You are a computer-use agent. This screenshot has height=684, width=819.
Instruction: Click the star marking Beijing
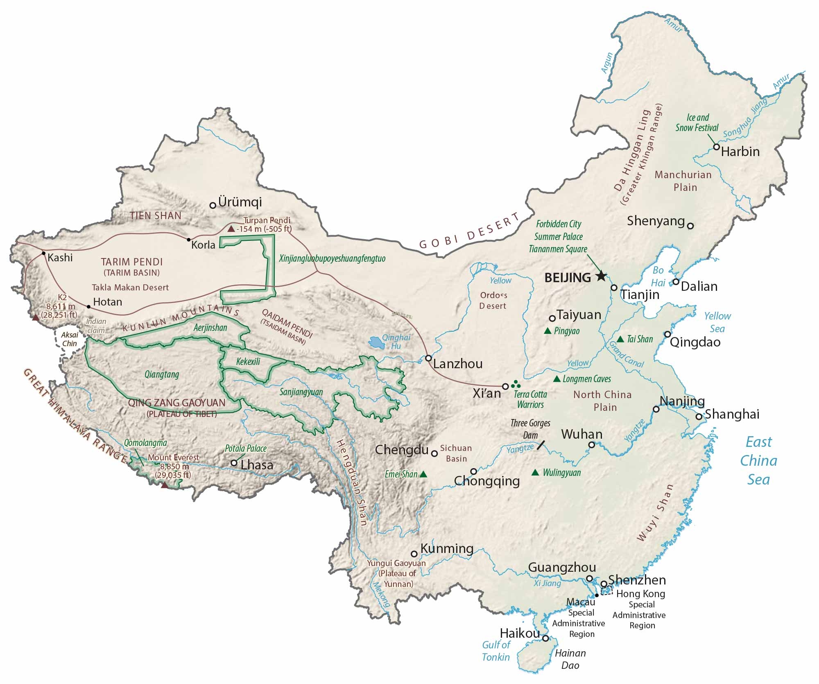[x=601, y=276]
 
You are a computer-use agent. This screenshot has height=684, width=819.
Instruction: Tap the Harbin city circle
[x=716, y=147]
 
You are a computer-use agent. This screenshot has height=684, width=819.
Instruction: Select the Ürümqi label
[x=240, y=202]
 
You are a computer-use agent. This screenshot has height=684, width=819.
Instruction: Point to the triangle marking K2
[x=36, y=317]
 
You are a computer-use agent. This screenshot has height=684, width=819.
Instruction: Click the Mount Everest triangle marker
[x=165, y=485]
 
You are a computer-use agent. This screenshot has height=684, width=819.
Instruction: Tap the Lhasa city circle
[x=234, y=463]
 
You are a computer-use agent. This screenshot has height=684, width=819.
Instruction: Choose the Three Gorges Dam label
[x=530, y=429]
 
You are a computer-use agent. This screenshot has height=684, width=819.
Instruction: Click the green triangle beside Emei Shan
[x=423, y=474]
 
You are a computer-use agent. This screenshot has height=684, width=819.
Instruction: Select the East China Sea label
[x=758, y=461]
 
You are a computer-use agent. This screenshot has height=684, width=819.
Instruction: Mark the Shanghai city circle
[x=699, y=417]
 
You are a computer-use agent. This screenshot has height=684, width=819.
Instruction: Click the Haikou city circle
[x=545, y=638]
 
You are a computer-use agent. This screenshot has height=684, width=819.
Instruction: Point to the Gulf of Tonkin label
[x=496, y=651]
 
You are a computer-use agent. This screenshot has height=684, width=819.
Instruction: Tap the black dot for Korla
[x=189, y=240]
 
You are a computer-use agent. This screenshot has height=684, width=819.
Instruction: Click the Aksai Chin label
[x=70, y=339]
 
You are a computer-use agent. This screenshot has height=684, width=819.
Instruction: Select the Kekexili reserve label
[x=248, y=362]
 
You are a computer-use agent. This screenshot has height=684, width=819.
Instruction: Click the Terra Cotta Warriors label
[x=530, y=399]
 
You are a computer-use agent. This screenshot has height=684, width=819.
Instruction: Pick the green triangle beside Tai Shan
[x=620, y=339]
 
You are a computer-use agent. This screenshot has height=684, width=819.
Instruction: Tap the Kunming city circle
[x=414, y=554]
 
